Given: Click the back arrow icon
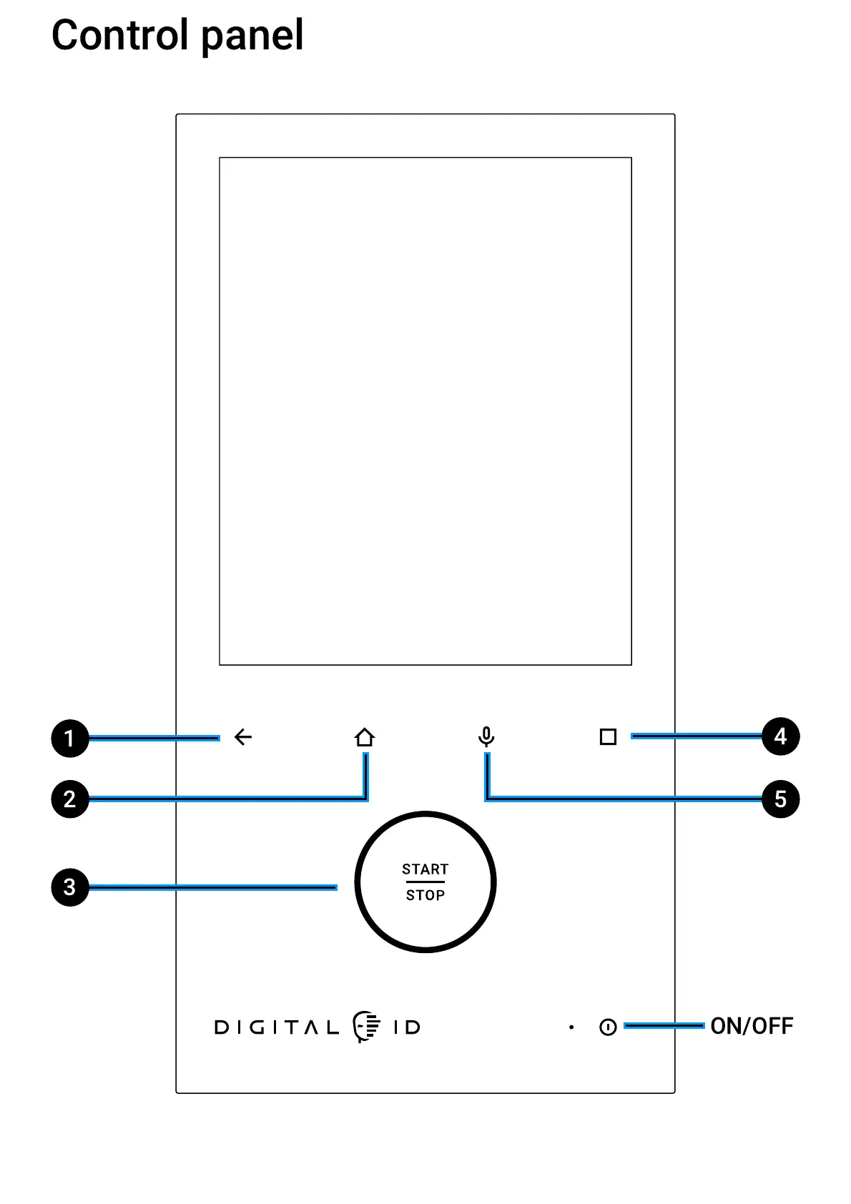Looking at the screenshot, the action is [243, 737].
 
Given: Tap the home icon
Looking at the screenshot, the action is [365, 737].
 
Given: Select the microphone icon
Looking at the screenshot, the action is [486, 736].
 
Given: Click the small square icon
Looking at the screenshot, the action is [608, 736].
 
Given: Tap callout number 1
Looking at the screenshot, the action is [69, 738].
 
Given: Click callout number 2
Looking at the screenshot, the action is [69, 799].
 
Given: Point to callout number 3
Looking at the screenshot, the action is [69, 887].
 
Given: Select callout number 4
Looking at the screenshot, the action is [780, 736].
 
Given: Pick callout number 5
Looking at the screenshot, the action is [780, 799].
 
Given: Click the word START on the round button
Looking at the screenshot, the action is [425, 869].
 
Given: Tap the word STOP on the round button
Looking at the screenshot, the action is [425, 895].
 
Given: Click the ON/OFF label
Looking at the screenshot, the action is [752, 1026].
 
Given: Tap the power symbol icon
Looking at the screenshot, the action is [608, 1027].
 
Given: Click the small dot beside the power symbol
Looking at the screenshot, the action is [571, 1027].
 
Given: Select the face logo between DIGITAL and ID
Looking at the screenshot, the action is [366, 1027].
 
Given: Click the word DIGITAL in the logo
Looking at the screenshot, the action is [277, 1027].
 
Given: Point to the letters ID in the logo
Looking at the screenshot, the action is [407, 1027].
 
